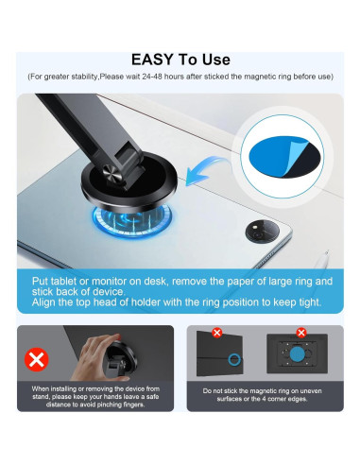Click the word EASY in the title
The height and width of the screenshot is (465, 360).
152,60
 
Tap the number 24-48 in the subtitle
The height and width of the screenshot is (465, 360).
152,77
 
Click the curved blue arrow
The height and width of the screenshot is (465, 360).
206,171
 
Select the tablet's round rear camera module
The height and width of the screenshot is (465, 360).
262,232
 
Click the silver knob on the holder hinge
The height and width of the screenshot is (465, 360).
111,172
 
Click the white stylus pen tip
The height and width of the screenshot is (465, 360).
327,252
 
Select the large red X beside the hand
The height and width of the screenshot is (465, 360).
37,359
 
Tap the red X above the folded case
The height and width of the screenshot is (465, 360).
217,333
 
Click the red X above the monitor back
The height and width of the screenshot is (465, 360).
301,333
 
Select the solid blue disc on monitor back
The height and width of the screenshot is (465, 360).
298,354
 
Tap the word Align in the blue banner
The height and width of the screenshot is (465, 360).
43,302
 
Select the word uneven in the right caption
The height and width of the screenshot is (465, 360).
311,391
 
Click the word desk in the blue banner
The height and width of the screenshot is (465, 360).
156,282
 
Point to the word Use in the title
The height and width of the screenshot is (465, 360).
216,60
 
